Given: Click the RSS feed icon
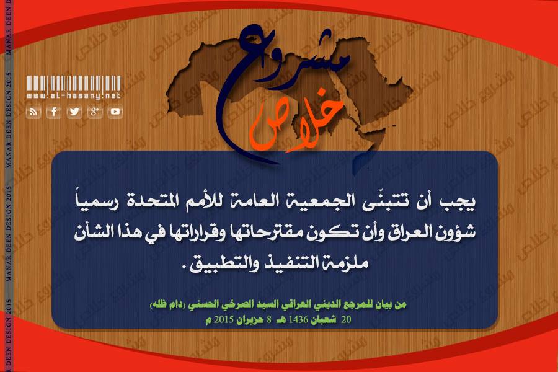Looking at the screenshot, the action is [33, 112].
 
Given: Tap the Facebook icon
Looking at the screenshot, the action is [54, 112].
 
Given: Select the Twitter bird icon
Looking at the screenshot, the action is [74, 112].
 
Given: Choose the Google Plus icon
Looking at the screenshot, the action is [95, 112].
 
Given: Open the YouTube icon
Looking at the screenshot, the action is [115, 112].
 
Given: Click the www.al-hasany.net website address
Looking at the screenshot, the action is [74, 95].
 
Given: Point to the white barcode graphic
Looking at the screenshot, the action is [74, 83].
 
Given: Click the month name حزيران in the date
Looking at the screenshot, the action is [251, 319].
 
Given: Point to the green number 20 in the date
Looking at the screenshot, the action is [346, 319].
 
